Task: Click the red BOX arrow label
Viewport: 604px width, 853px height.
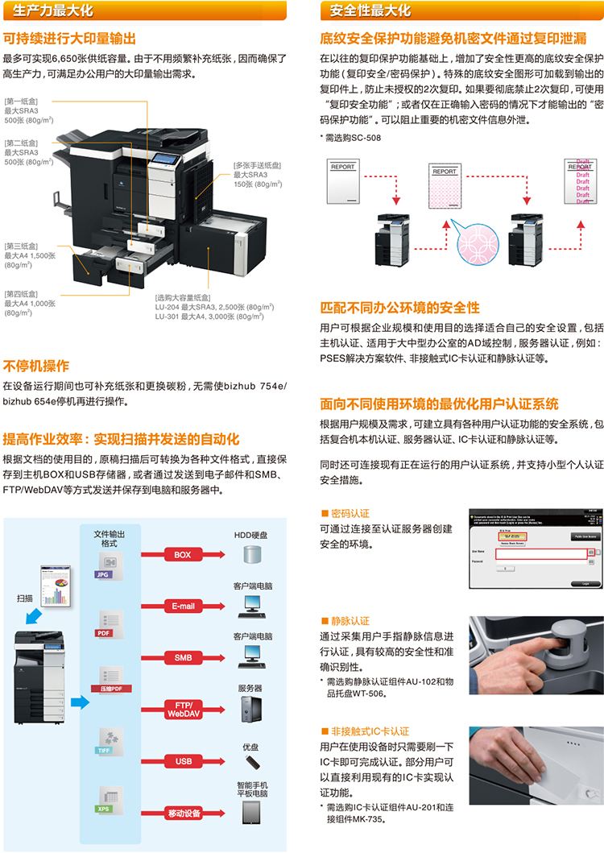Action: [183, 554]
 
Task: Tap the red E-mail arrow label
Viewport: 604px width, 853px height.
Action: [183, 606]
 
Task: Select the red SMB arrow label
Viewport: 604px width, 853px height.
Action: [183, 657]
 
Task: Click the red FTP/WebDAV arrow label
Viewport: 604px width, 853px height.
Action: [183, 709]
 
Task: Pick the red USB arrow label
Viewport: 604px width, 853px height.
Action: [183, 760]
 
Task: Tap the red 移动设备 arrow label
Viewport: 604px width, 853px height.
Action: [183, 813]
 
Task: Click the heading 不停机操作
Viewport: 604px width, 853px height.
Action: [36, 365]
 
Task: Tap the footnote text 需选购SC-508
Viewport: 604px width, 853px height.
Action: [352, 137]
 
